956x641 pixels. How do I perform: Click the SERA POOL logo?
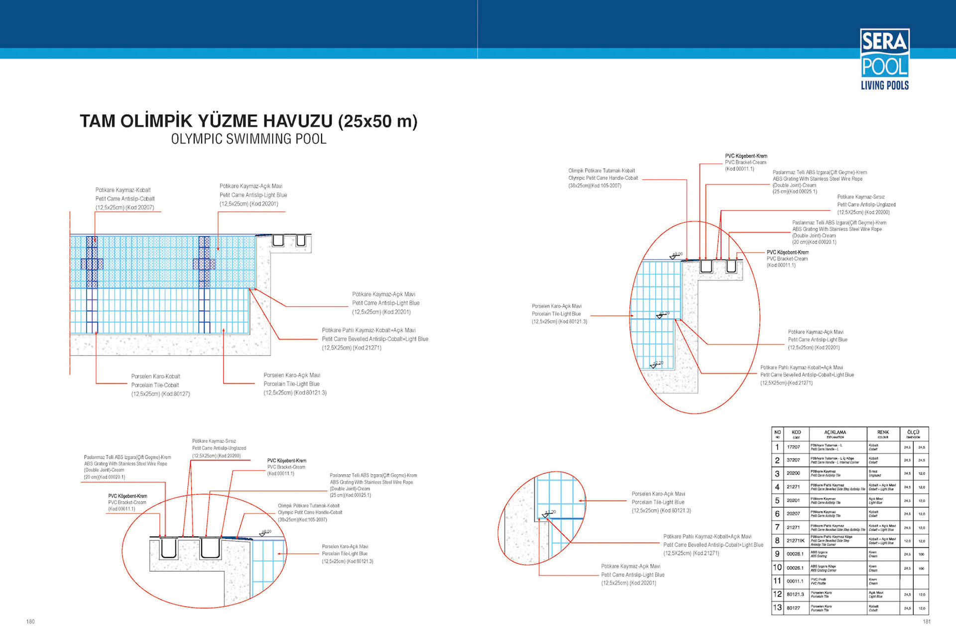click(884, 59)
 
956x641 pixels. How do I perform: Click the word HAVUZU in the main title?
click(297, 121)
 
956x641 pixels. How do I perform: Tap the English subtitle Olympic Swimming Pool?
click(248, 139)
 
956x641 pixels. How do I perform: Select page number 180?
click(30, 622)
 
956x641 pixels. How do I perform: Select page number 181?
click(926, 622)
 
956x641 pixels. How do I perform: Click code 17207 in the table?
click(793, 447)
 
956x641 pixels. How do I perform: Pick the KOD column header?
click(796, 434)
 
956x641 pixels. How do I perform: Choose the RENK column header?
click(883, 434)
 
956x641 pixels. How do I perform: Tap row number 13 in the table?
click(777, 608)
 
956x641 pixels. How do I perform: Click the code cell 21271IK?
click(795, 541)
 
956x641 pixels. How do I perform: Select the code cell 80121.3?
click(795, 595)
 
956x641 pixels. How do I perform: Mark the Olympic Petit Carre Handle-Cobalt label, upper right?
click(603, 178)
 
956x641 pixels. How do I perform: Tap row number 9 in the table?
click(777, 554)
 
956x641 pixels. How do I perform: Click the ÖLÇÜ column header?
click(914, 434)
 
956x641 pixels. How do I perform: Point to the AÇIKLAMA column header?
click(835, 434)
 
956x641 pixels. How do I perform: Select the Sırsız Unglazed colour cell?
click(883, 473)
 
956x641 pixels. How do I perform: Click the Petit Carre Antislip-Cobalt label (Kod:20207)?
click(125, 199)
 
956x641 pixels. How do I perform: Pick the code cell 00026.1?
click(795, 568)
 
